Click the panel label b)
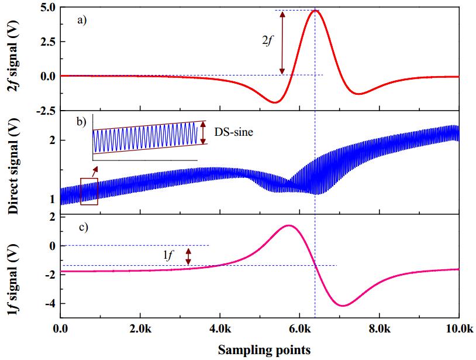click(82, 122)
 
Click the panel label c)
click(82, 227)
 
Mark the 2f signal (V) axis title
click(13, 59)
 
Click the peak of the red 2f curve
click(316, 11)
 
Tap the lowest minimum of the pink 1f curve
click(343, 305)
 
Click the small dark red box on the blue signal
click(89, 191)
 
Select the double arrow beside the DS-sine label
click(203, 133)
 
